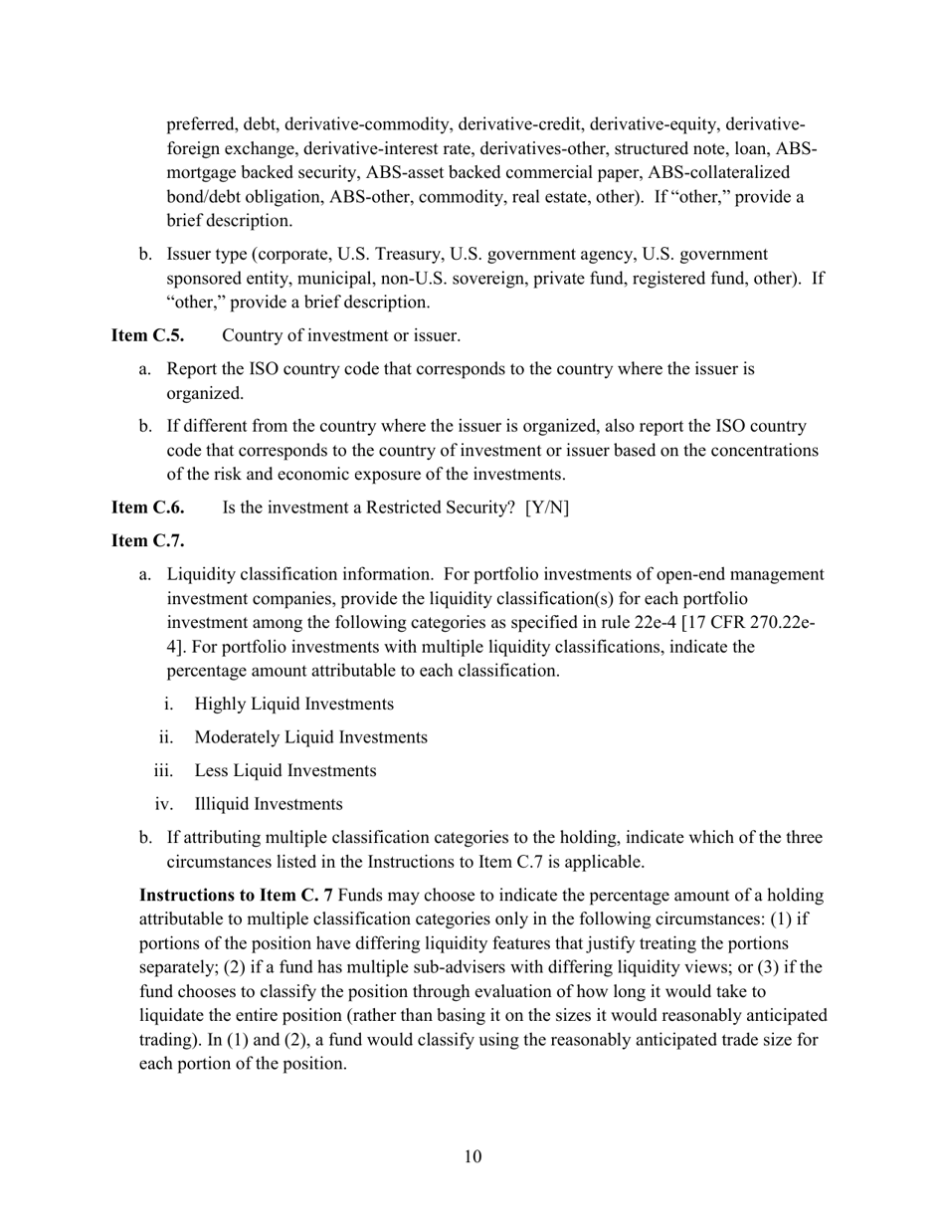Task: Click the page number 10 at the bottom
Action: pos(472,1155)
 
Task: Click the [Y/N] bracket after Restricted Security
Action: pos(547,508)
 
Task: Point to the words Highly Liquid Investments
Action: pos(293,704)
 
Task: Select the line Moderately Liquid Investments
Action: pos(310,737)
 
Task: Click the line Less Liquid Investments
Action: pos(285,770)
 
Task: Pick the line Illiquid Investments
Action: pos(269,804)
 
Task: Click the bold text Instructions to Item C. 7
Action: pos(237,896)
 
